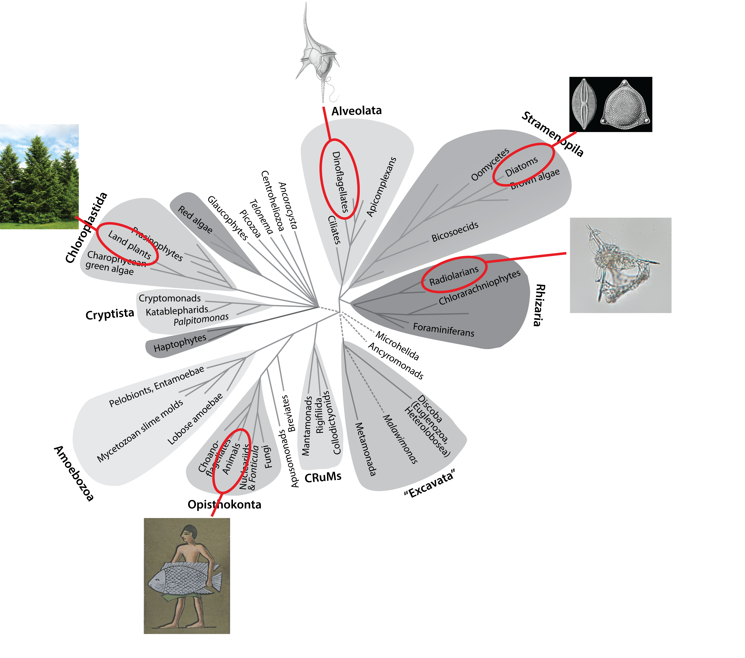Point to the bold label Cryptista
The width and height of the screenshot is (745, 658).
(110, 314)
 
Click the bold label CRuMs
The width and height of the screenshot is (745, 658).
(323, 477)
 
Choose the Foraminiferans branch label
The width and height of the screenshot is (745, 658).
(444, 330)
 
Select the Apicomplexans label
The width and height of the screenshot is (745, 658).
(381, 187)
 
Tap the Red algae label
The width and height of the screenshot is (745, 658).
(195, 219)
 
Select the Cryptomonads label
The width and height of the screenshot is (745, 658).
(169, 298)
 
